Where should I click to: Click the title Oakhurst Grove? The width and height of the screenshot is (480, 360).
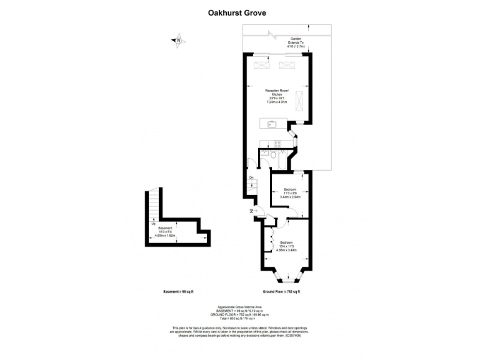pyautogui.click(x=239, y=11)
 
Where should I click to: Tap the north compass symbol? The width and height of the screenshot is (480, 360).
pyautogui.click(x=177, y=41)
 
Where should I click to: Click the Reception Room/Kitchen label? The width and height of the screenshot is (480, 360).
pyautogui.click(x=276, y=98)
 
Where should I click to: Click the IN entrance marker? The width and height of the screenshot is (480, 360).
pyautogui.click(x=251, y=211)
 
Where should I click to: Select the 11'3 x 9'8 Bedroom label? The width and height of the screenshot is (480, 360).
pyautogui.click(x=289, y=192)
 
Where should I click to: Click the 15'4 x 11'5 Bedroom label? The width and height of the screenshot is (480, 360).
pyautogui.click(x=287, y=246)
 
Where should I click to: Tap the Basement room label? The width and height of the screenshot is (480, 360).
pyautogui.click(x=165, y=231)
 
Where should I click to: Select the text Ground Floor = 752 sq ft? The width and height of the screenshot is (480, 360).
pyautogui.click(x=282, y=292)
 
